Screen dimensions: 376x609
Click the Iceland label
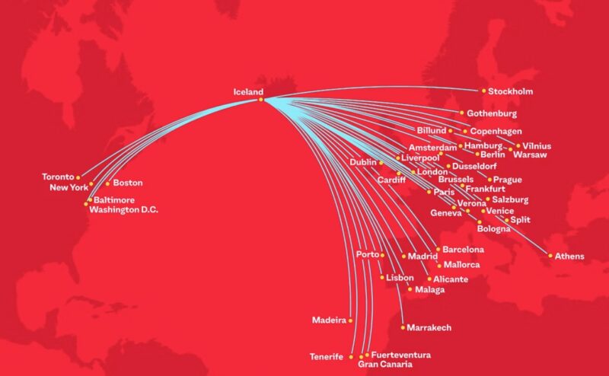(249, 92)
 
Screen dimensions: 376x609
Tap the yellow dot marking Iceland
(260, 100)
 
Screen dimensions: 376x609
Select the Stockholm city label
(510, 91)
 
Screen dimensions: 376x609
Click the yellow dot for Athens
(550, 256)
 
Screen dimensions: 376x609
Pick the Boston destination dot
(107, 183)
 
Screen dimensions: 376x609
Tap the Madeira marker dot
(351, 320)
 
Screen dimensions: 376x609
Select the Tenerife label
(327, 356)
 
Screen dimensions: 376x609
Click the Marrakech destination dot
(403, 328)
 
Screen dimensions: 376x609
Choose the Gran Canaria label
(383, 365)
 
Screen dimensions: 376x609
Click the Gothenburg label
(492, 113)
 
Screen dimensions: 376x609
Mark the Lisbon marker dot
(382, 278)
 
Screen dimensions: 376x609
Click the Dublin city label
(363, 162)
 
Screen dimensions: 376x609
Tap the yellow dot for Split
(505, 220)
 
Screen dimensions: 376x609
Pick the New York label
(69, 187)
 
